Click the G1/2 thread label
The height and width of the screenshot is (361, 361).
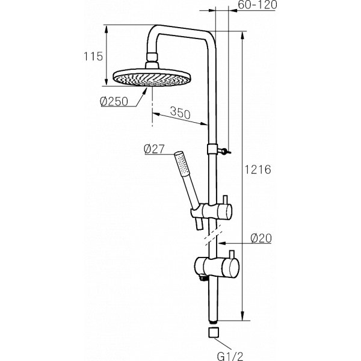point(212,353)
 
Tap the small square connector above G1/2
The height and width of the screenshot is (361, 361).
point(211,332)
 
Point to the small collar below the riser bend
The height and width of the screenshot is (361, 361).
point(211,149)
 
